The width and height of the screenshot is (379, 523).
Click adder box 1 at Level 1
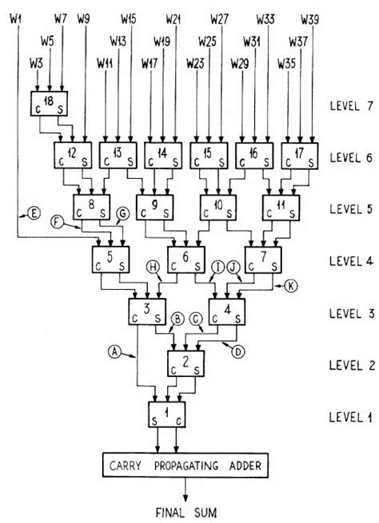coord(169,414)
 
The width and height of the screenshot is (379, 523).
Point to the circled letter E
coord(34,212)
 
